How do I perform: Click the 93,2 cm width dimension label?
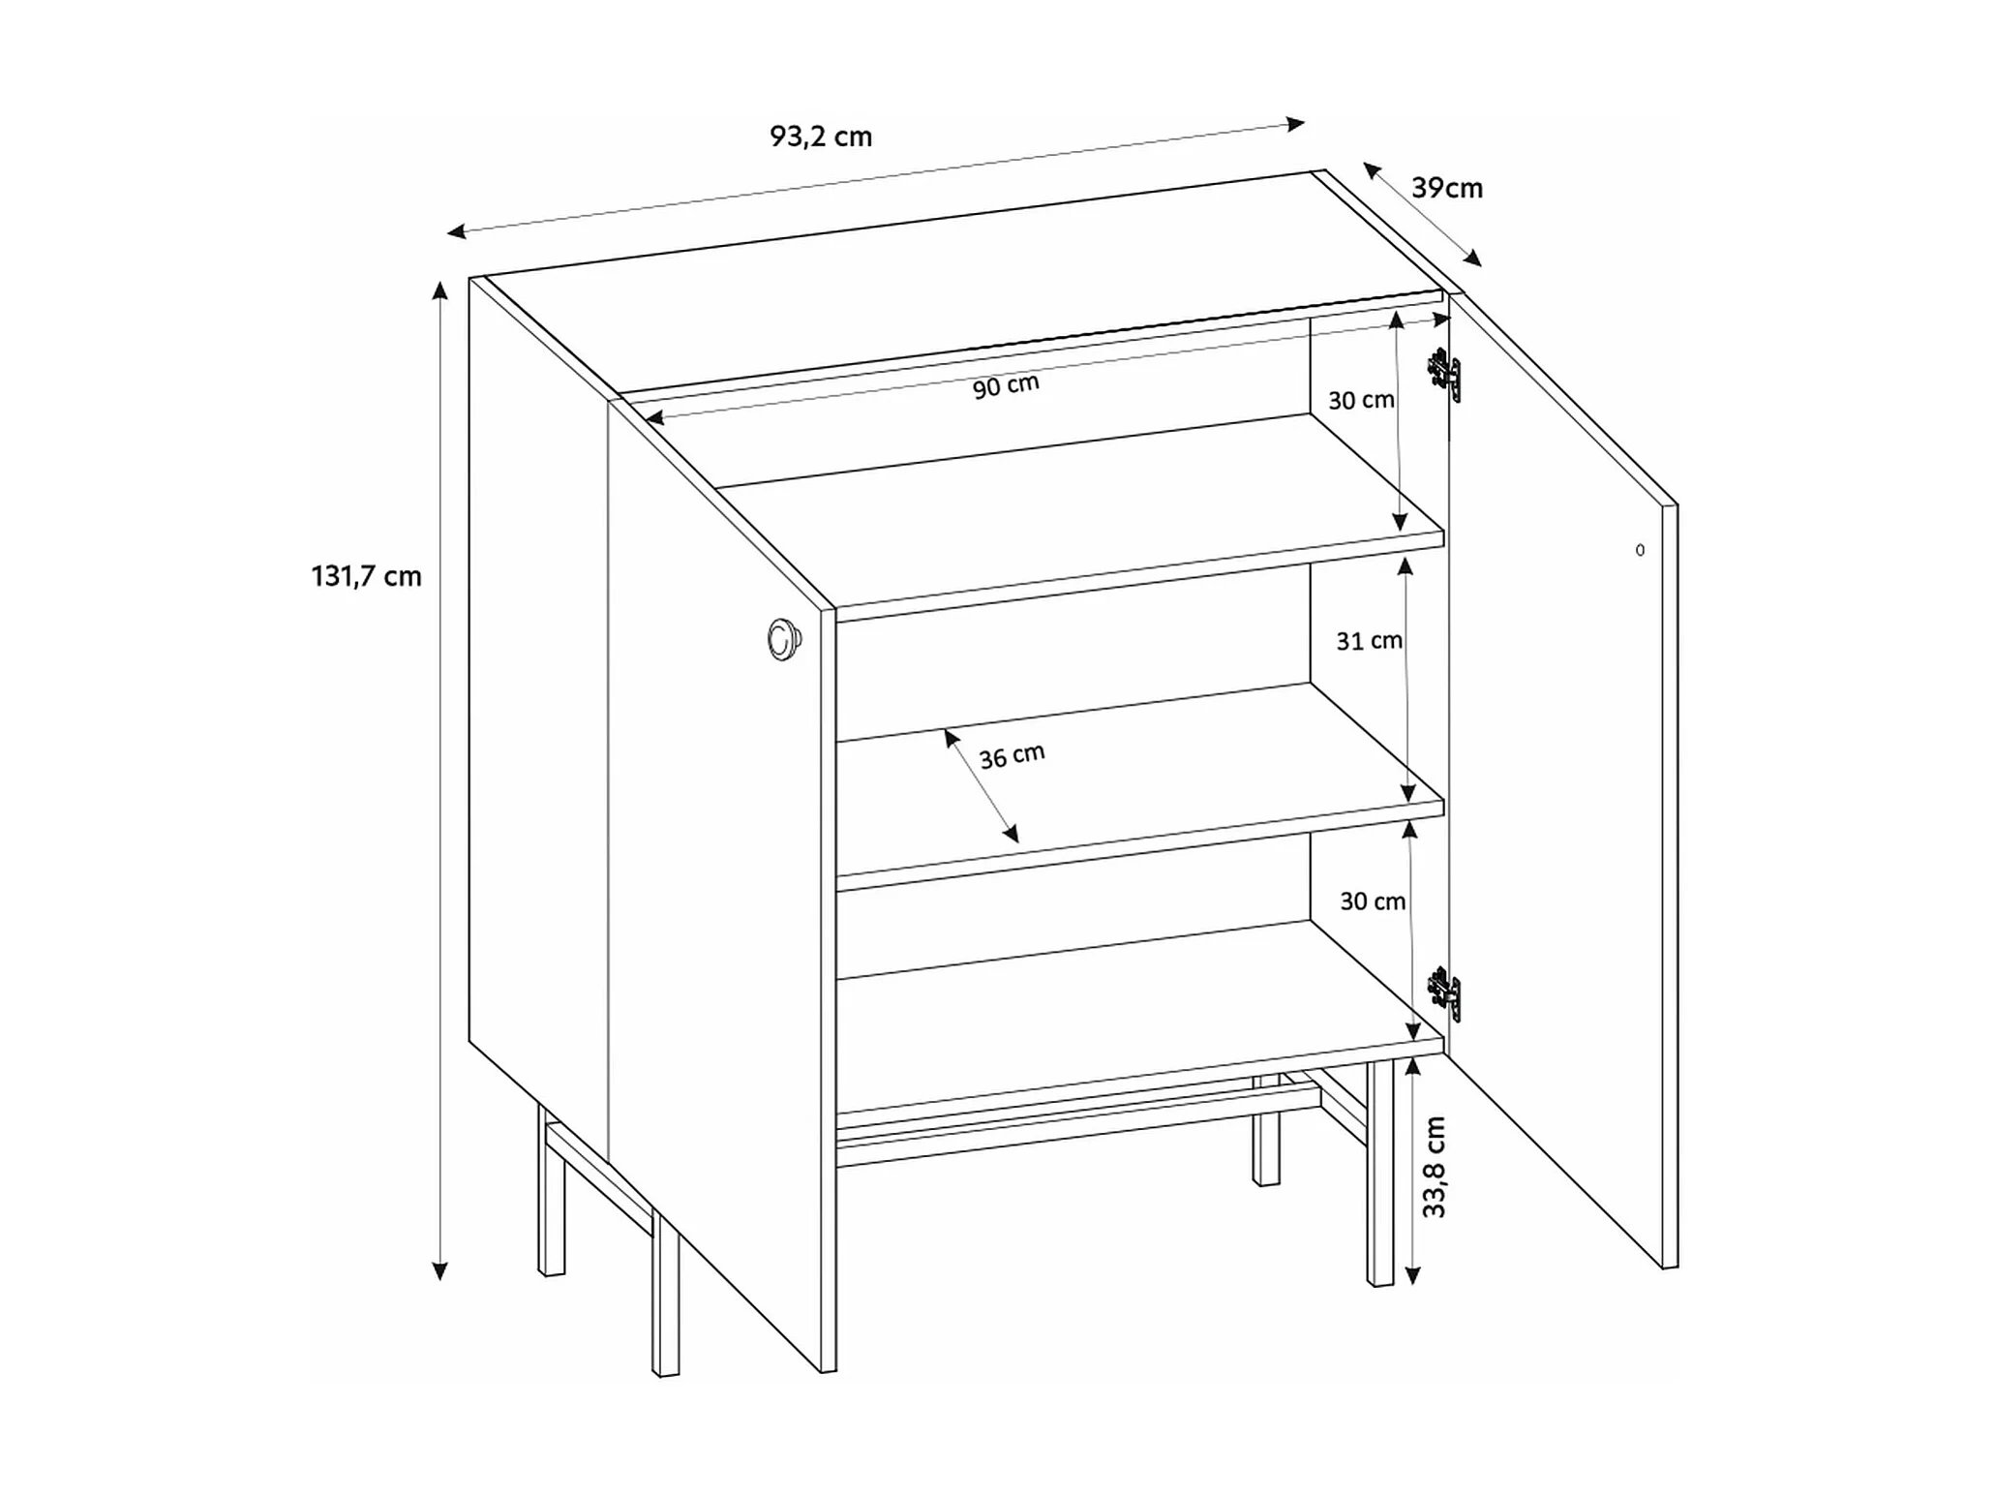coord(821,137)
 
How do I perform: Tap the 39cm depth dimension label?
coord(1446,188)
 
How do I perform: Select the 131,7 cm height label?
coord(366,576)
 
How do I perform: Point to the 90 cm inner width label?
coord(1006,385)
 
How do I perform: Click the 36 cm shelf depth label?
coord(1012,755)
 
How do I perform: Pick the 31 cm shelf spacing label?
coord(1369,640)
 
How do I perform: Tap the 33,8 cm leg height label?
coord(1434,1167)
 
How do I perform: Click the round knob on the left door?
coord(783,640)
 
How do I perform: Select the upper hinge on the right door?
coord(1444,374)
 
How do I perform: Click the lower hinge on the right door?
coord(1444,993)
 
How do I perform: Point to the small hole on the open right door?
coord(1640,550)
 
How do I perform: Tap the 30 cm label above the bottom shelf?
coord(1372,901)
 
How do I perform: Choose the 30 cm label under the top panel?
coord(1360,399)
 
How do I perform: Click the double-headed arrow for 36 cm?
coord(982,785)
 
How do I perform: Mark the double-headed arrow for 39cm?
coord(1422,214)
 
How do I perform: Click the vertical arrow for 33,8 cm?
coord(1412,1171)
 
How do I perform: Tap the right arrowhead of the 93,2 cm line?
coord(1295,123)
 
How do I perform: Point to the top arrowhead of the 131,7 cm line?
coord(439,291)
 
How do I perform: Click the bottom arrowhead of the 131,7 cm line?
coord(439,1269)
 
